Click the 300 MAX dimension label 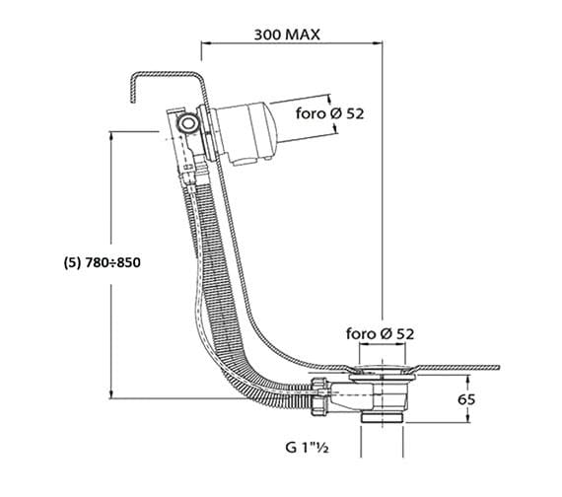click(x=287, y=35)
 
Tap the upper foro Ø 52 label click(x=329, y=113)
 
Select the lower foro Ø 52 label click(x=380, y=334)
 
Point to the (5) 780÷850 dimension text click(x=103, y=263)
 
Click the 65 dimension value click(x=466, y=399)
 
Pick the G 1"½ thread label click(x=308, y=447)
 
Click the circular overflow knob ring click(x=187, y=123)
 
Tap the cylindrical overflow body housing click(x=243, y=134)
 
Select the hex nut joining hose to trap click(x=320, y=396)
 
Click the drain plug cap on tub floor click(x=383, y=369)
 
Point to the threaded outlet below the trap click(x=383, y=418)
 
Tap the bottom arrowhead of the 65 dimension click(x=467, y=418)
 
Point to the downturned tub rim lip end click(x=133, y=102)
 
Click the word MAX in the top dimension click(x=303, y=35)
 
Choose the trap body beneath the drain click(x=369, y=396)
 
